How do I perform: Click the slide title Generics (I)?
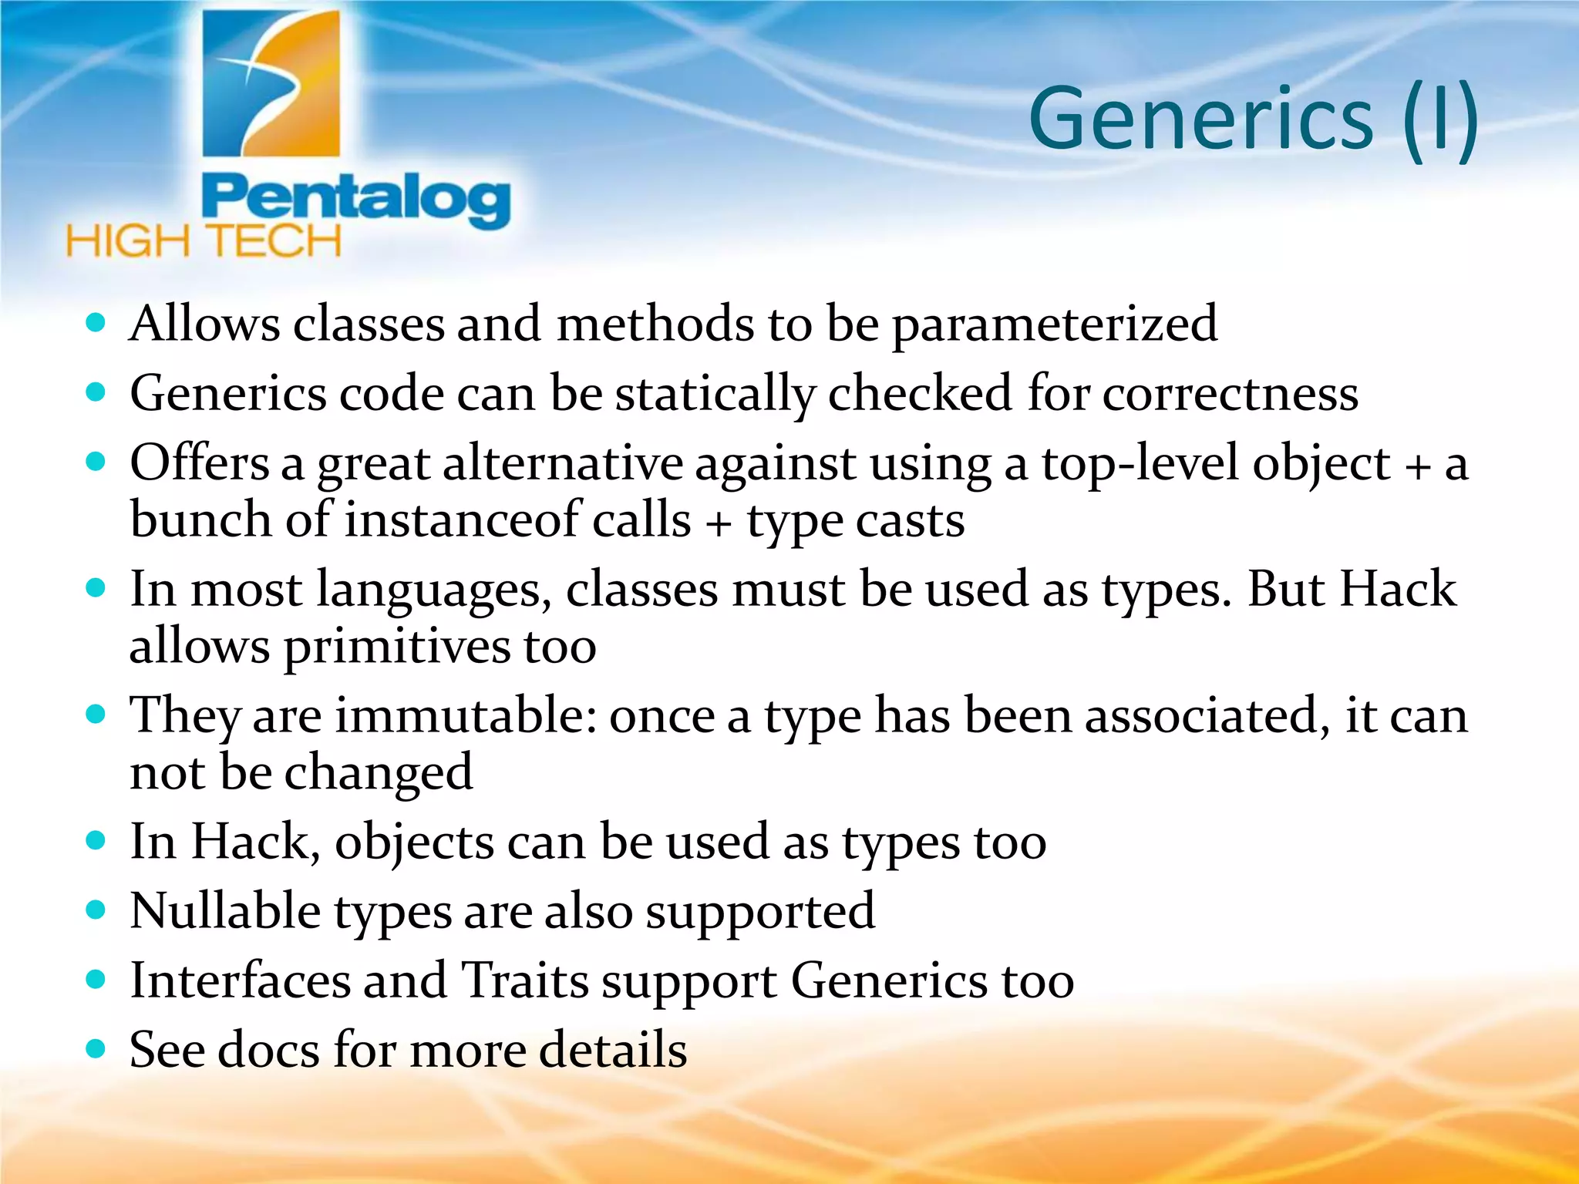coord(1253,119)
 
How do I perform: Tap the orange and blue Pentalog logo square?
coord(271,83)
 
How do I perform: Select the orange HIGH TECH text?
coord(204,241)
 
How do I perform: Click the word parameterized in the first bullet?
coord(1055,325)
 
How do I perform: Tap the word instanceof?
coord(460,520)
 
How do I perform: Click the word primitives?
coord(397,647)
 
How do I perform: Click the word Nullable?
coord(225,912)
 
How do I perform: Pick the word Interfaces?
coord(240,981)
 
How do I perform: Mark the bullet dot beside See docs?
coord(96,1049)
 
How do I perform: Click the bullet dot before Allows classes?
coord(96,322)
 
